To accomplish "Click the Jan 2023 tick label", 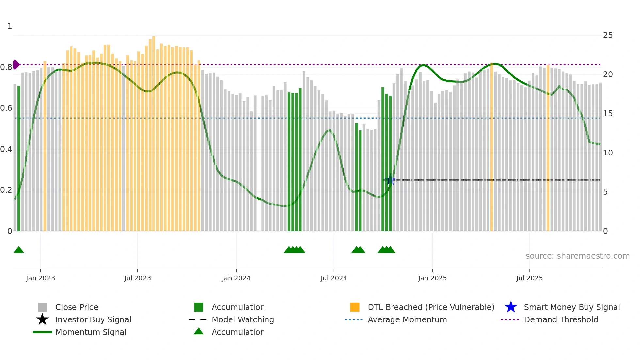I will tap(40, 278).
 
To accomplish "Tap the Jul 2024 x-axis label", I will tap(334, 278).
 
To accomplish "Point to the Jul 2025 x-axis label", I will tap(529, 278).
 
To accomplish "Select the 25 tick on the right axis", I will tap(608, 35).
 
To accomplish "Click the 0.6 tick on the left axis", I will tap(6, 108).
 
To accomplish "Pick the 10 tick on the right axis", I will tap(608, 153).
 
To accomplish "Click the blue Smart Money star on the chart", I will tap(390, 180).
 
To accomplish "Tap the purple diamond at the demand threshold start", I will tap(16, 65).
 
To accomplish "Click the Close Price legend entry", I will tap(77, 307).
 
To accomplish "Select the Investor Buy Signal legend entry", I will tap(93, 320).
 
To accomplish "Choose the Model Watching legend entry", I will tap(243, 320).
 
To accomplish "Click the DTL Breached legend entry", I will tap(431, 307).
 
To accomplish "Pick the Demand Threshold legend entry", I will tap(561, 320).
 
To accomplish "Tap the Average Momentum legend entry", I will tap(407, 320).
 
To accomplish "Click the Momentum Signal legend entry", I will tap(91, 332).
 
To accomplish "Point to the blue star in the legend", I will tap(511, 307).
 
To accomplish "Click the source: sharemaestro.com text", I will tap(577, 256).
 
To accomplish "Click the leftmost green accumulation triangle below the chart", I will tap(19, 250).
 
